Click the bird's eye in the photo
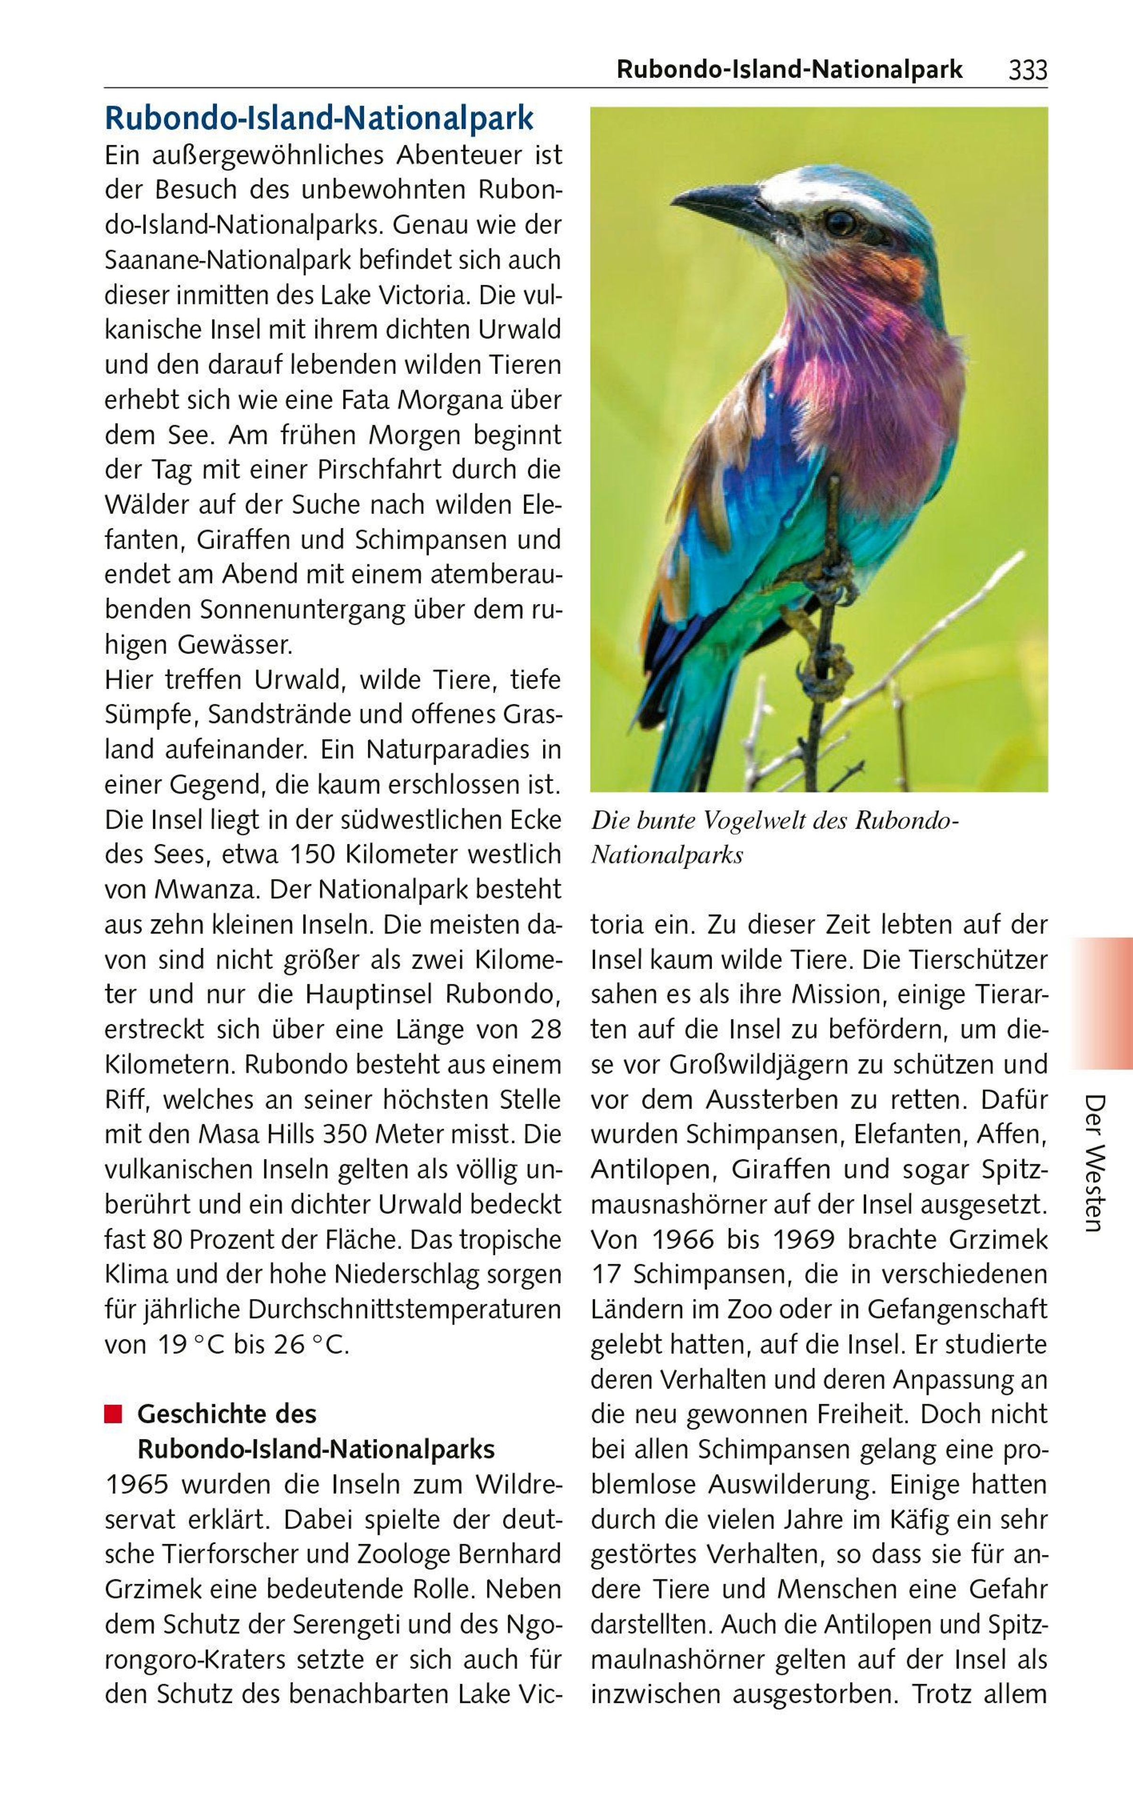pos(841,221)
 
